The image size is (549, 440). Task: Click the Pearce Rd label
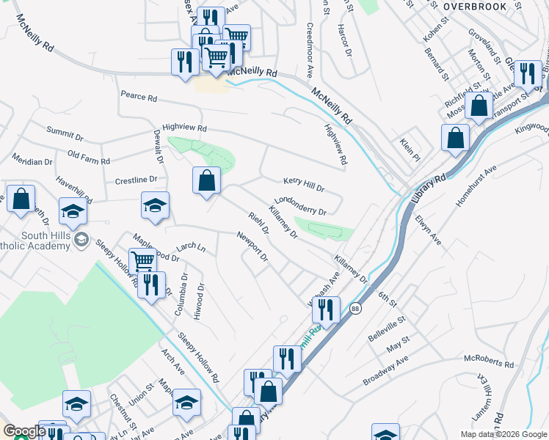pyautogui.click(x=139, y=97)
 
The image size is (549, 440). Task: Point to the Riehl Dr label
pyautogui.click(x=259, y=223)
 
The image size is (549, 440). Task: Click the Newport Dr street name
pyautogui.click(x=252, y=246)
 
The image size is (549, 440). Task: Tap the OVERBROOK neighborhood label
pyautogui.click(x=476, y=6)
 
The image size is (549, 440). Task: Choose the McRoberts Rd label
pyautogui.click(x=490, y=362)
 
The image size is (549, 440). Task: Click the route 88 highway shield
pyautogui.click(x=355, y=308)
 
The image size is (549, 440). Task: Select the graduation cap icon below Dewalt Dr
pyautogui.click(x=155, y=205)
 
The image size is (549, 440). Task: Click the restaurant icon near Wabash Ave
pyautogui.click(x=326, y=308)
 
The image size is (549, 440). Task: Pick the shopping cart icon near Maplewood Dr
pyautogui.click(x=142, y=260)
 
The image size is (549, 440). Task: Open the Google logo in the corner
pyautogui.click(x=24, y=431)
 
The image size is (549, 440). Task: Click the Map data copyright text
pyautogui.click(x=503, y=434)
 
